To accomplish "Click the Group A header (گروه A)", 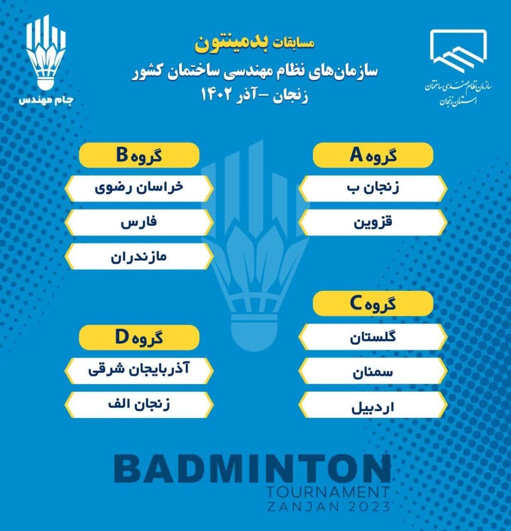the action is tap(373, 155).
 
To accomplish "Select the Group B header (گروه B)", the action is tap(139, 155).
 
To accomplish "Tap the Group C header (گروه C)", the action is tap(373, 304).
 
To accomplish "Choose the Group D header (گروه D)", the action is tap(139, 337).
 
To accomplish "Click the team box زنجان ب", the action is tap(373, 189).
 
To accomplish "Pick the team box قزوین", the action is tap(373, 223).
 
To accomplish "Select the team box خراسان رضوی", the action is tap(139, 189).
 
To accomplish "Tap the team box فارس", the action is tap(139, 223).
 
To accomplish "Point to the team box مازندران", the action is tap(139, 256).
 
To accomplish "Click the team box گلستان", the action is tap(373, 337).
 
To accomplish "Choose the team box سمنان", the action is tap(373, 371).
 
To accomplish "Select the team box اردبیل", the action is tap(373, 404).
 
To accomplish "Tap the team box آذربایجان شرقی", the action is tap(139, 371).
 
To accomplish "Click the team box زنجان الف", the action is tap(139, 404).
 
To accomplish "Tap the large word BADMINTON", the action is tap(252, 469).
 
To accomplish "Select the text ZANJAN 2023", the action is tap(328, 507).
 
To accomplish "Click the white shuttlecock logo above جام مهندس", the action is tap(46, 52).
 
